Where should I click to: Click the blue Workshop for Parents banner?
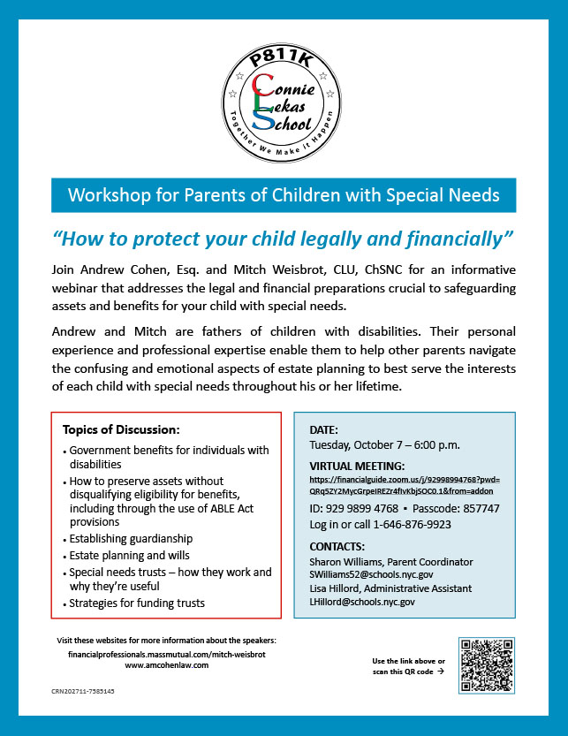[x=284, y=193]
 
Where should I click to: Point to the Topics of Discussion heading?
[x=121, y=430]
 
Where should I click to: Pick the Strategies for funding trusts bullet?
[x=135, y=603]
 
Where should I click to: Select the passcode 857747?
[x=477, y=508]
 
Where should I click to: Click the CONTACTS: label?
[x=337, y=546]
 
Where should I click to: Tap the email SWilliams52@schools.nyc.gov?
[x=372, y=574]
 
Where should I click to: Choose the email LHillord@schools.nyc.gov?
[x=362, y=602]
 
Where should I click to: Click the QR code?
[x=487, y=664]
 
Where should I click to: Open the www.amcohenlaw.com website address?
[x=167, y=665]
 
